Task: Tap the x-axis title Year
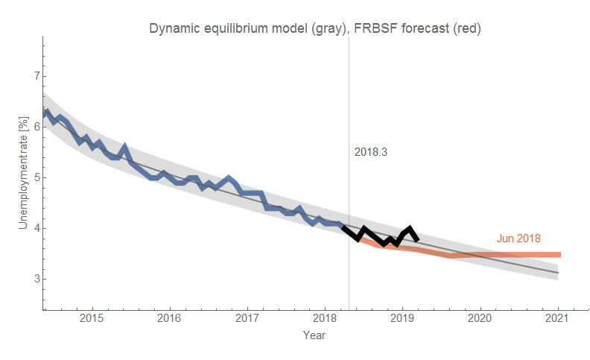pyautogui.click(x=314, y=335)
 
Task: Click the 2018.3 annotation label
pyautogui.click(x=371, y=152)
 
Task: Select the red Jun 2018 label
pyautogui.click(x=518, y=239)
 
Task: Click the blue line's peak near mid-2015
pyautogui.click(x=124, y=147)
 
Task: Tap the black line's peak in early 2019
pyautogui.click(x=410, y=229)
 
